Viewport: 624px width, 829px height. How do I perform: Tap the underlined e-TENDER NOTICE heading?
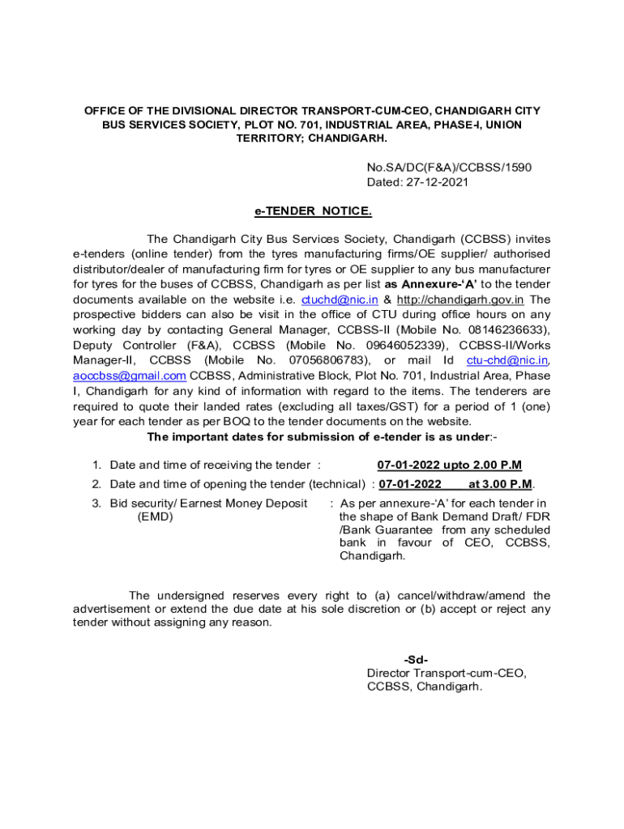click(313, 211)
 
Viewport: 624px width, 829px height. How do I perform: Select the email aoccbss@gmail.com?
click(130, 376)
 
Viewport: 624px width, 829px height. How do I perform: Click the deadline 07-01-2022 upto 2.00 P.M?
click(450, 465)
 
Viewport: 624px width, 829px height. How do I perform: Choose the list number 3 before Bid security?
click(96, 504)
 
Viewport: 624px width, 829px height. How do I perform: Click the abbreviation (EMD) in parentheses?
click(155, 517)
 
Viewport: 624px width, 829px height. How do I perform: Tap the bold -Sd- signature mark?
click(416, 659)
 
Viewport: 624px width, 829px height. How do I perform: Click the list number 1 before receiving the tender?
click(96, 465)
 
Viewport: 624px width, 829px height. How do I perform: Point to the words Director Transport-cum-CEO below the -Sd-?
click(447, 673)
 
